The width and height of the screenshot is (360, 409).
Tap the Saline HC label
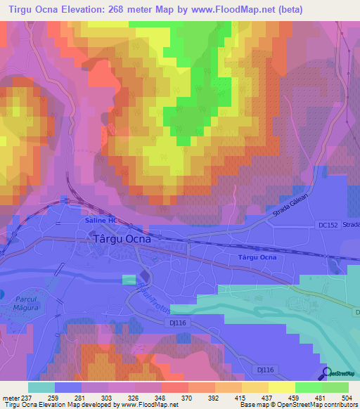(x=100, y=220)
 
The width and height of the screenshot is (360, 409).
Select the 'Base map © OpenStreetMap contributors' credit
(x=297, y=405)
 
